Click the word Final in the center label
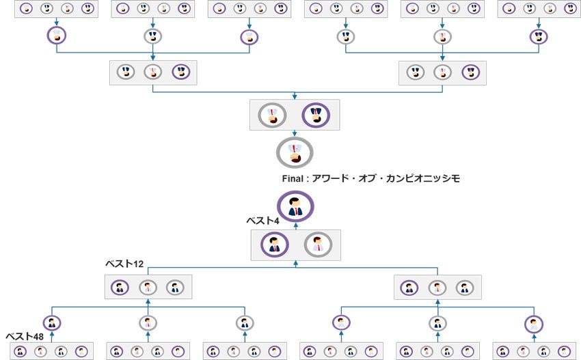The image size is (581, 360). [293, 179]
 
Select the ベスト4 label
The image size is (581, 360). [262, 221]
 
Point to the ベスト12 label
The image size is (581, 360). [124, 264]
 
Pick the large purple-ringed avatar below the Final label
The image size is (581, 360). [295, 206]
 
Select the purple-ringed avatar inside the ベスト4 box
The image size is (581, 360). [275, 245]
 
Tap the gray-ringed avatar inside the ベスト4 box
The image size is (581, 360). [317, 245]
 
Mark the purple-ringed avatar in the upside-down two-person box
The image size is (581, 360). [316, 115]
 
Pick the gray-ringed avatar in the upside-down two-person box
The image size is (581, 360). [273, 115]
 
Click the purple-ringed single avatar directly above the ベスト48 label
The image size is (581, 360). [51, 323]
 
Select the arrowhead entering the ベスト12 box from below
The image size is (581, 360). [148, 302]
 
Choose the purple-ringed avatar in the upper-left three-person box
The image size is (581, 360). [180, 72]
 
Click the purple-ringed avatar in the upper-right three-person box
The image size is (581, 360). [470, 72]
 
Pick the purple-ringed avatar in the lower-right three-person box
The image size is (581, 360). [409, 288]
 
